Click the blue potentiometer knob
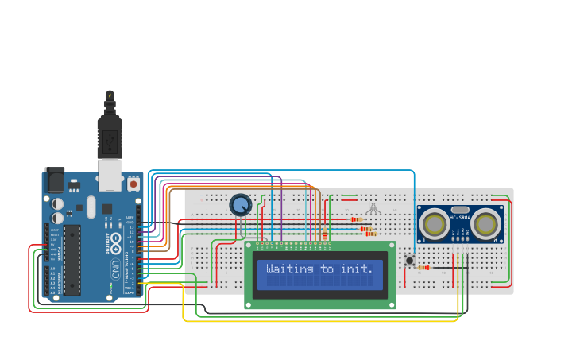click(240, 205)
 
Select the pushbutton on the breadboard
click(410, 261)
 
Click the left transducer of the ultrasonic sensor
click(435, 224)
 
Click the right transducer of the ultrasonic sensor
click(485, 224)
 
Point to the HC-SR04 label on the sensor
click(461, 218)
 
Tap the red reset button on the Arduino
click(133, 184)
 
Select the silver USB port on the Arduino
click(110, 174)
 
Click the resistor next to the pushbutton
click(423, 268)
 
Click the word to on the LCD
click(327, 269)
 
